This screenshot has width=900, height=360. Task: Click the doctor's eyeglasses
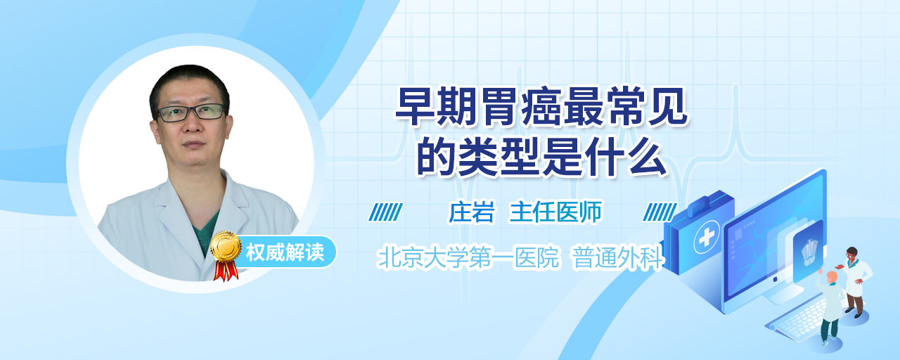click(x=191, y=112)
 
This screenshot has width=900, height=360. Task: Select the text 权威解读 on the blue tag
click(x=285, y=252)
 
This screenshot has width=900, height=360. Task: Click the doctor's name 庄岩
click(x=471, y=212)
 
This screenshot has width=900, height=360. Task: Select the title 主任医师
click(x=555, y=212)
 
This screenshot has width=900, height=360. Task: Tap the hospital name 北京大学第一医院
click(x=468, y=257)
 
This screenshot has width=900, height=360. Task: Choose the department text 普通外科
click(x=617, y=257)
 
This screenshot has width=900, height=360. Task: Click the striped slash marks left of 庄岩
click(x=386, y=212)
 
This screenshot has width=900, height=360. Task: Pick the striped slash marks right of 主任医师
click(x=660, y=212)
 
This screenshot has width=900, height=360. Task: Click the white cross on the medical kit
click(x=707, y=237)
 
